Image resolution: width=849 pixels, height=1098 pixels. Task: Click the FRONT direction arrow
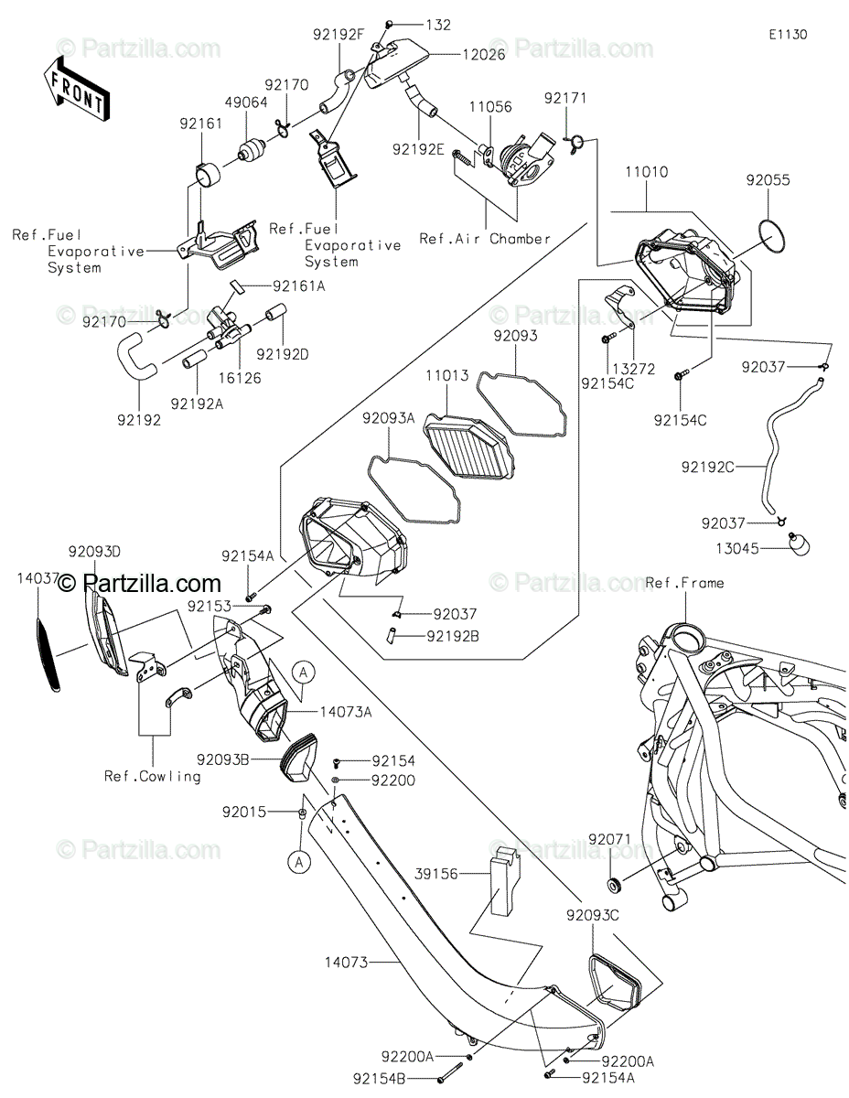point(77,89)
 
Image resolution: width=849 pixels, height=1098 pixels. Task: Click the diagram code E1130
point(787,34)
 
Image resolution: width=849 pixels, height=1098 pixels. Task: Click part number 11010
point(647,171)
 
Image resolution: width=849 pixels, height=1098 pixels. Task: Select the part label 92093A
point(388,418)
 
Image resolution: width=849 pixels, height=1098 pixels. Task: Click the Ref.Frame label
point(684,583)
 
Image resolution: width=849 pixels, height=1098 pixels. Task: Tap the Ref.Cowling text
point(152,776)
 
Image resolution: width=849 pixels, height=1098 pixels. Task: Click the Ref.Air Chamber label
point(485,239)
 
